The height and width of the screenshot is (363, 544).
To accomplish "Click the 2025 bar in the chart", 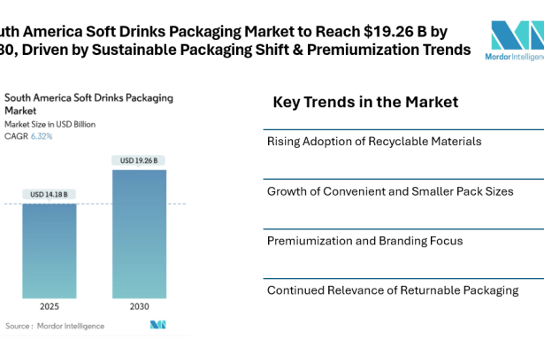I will point(50,251).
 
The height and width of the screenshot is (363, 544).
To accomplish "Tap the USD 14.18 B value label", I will point(50,194).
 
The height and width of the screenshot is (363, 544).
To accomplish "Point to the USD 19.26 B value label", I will point(139,159).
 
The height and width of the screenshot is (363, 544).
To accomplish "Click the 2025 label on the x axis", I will point(50,308).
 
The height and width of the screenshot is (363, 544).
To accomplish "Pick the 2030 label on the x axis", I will point(139,308).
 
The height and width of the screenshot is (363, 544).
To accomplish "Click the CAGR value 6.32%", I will point(42,136).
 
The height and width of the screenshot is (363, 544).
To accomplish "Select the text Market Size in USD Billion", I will point(50,125).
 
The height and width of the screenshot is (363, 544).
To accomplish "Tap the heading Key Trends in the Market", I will point(365,102).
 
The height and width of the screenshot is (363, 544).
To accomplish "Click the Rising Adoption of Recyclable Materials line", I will point(375,141).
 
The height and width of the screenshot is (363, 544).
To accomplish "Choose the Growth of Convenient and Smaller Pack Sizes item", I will point(390,190).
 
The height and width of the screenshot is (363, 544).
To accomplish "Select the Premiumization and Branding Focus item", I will point(364,240).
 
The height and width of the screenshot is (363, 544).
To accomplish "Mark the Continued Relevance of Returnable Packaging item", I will point(393,290).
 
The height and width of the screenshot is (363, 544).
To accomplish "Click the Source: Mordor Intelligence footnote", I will point(55,326).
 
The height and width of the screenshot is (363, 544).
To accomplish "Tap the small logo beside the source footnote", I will point(158,326).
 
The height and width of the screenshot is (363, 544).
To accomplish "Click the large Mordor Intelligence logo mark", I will point(517,35).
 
